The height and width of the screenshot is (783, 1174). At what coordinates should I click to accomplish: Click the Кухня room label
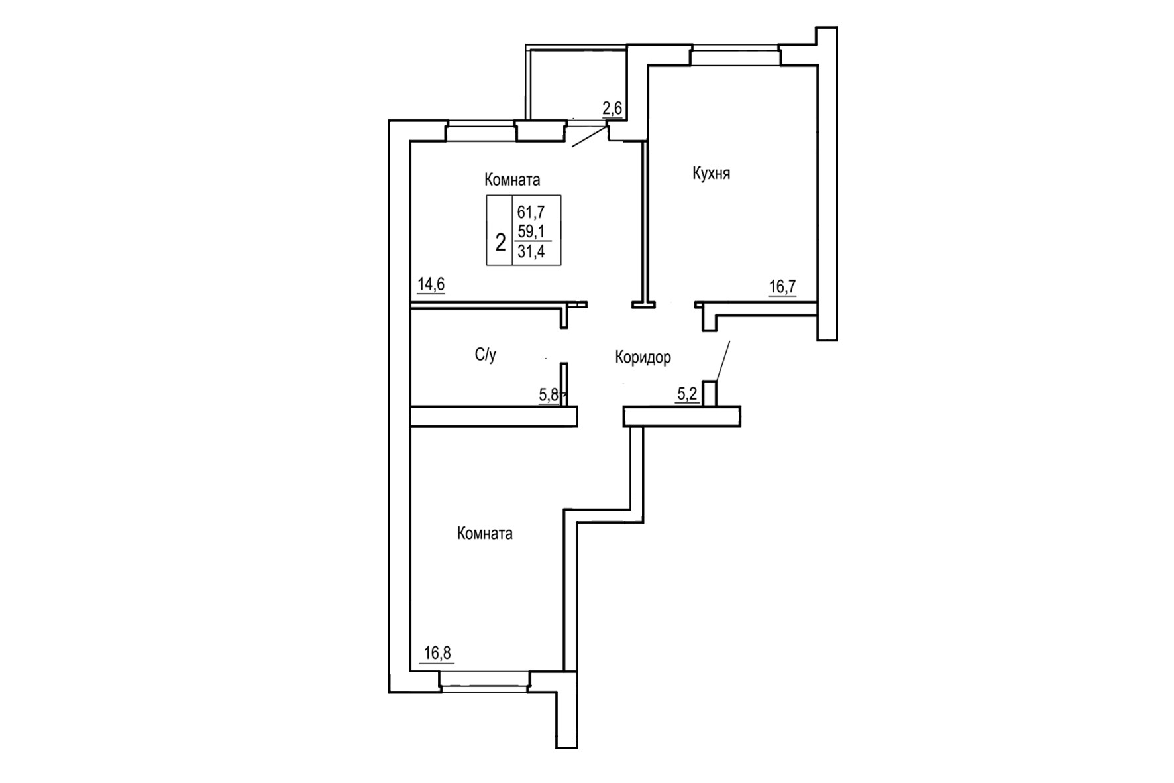click(711, 174)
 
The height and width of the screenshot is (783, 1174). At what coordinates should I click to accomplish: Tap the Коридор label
click(643, 357)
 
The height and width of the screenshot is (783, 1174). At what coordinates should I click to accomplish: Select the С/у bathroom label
click(485, 355)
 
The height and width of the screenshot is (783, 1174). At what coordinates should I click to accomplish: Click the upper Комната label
click(512, 180)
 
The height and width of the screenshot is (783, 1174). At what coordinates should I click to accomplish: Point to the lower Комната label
click(484, 534)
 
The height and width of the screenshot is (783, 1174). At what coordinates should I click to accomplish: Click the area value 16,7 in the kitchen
click(782, 287)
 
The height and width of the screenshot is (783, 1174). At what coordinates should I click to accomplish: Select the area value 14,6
click(431, 285)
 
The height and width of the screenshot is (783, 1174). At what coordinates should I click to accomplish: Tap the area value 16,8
click(437, 653)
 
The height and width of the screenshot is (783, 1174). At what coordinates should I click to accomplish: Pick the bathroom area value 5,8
click(549, 395)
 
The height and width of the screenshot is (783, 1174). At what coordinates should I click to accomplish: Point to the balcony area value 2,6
click(612, 109)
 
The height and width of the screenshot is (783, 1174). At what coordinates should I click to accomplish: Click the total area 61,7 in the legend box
click(531, 212)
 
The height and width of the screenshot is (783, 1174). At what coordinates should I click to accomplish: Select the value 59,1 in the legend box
click(531, 231)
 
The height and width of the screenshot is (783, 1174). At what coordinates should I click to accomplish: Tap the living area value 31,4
click(531, 252)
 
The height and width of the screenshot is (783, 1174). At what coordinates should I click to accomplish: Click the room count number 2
click(500, 242)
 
